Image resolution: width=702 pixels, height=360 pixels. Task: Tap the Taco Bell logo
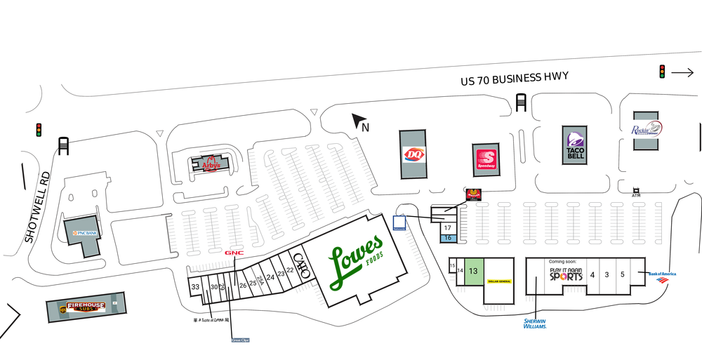pos(574,145)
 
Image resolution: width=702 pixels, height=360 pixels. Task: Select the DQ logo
pos(413,154)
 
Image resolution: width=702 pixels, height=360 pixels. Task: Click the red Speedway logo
pos(486,159)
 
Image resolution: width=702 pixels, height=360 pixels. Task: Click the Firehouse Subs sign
pos(86,307)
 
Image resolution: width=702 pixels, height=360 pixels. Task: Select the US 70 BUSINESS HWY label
pos(514,78)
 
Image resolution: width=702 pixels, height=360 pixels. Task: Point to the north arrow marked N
pos(361,124)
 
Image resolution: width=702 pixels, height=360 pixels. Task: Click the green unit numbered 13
pos(473,270)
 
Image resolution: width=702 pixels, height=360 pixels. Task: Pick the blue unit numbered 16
pos(447,239)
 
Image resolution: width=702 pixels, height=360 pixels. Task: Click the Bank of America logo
pos(661,276)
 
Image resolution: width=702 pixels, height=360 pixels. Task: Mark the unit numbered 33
pos(195,287)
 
